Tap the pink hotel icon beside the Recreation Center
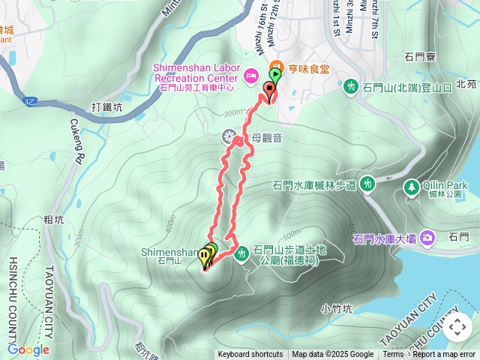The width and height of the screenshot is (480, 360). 250,75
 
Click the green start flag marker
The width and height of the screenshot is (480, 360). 276,75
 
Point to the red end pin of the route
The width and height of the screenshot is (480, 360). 269,90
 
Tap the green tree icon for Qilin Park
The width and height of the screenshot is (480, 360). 411,185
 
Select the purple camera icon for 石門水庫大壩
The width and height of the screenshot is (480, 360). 427,238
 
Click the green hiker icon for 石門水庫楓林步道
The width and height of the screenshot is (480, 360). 367,182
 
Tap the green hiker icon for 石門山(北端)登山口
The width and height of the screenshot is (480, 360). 349,87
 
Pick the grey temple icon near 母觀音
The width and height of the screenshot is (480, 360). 229,136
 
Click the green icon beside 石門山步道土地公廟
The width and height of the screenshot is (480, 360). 242,255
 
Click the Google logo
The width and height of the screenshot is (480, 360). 28,349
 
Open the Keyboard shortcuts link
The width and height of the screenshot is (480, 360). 250,355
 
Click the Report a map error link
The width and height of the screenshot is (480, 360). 445,355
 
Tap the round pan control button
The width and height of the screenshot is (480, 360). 457,327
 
